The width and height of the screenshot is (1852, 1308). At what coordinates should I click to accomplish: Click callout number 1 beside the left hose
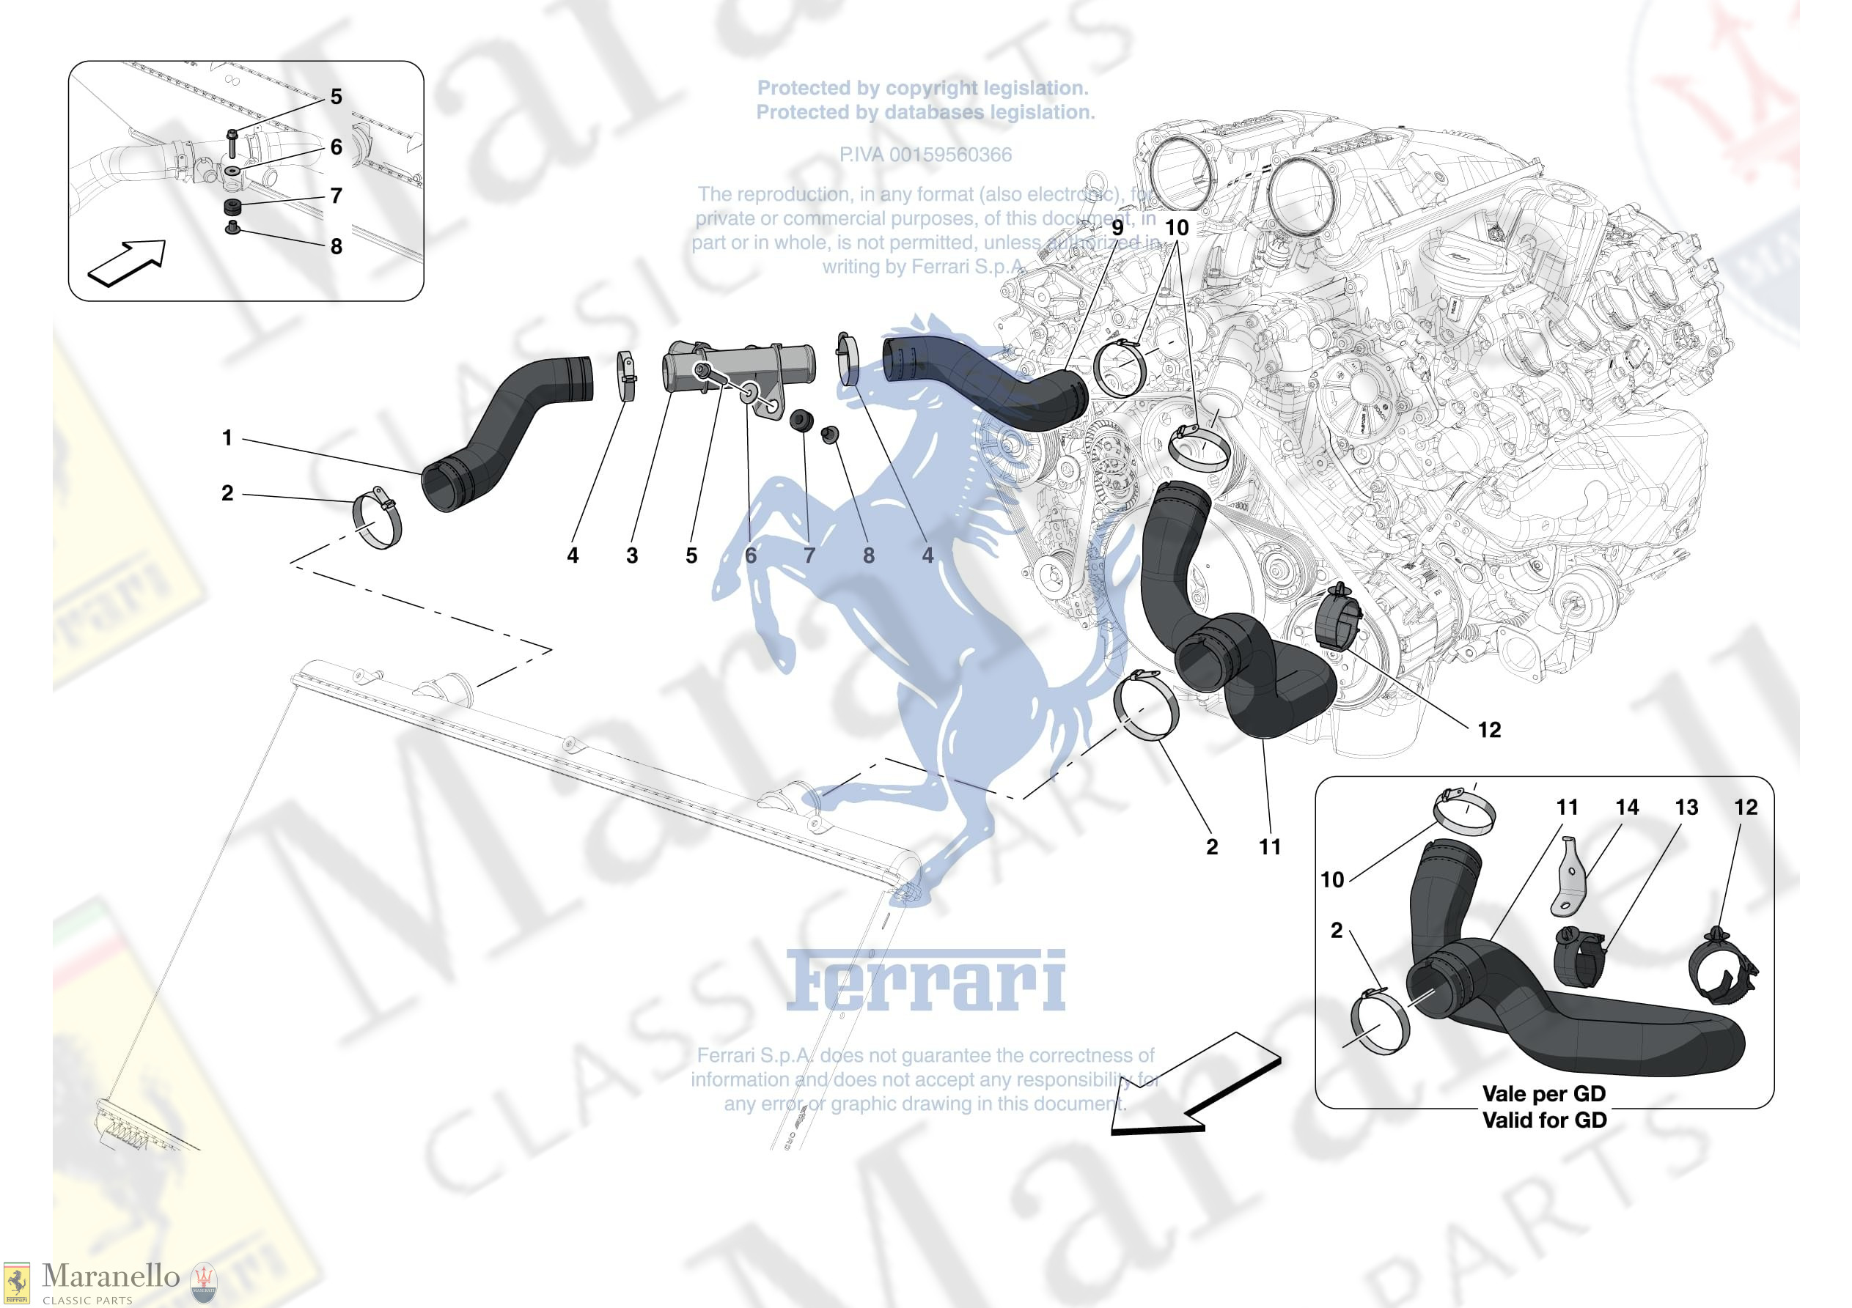tap(227, 438)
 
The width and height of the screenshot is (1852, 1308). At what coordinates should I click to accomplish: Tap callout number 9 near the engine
tap(1117, 228)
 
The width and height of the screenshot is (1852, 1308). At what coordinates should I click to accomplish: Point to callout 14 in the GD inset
tap(1627, 808)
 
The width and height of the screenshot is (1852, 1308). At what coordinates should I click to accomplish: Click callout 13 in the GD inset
tap(1686, 808)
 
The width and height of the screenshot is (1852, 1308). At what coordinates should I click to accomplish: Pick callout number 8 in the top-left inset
tap(337, 247)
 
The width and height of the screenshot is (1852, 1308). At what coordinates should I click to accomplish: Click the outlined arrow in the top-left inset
tap(127, 263)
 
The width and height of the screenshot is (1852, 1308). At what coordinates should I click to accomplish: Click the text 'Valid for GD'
tap(1544, 1120)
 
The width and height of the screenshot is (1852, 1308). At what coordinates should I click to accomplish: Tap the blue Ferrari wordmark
tap(925, 981)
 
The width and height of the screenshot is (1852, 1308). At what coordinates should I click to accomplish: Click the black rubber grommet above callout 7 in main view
tap(803, 420)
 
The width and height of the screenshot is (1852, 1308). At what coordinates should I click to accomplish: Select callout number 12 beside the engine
tap(1489, 730)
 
